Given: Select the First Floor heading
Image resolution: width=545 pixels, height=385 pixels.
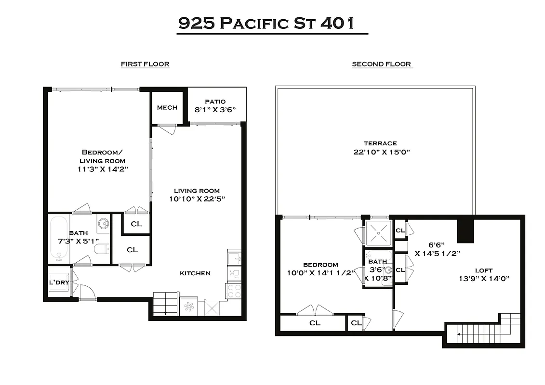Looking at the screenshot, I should coord(145,64).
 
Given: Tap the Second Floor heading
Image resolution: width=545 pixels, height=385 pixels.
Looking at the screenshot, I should coord(381,64).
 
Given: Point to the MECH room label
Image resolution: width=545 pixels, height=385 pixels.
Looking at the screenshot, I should coord(167,108).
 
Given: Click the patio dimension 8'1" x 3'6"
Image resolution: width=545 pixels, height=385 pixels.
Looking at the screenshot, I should coord(215,110).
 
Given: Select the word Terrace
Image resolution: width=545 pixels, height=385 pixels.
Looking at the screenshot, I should coord(380,143).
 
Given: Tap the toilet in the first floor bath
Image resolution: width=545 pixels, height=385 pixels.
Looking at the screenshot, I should coord(101,249).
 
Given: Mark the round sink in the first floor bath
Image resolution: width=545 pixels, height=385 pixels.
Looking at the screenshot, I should coord(103,223).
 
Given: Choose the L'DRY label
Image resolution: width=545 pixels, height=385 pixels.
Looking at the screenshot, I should coord(59,282).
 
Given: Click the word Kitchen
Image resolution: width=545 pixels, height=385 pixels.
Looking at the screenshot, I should coord(195,273).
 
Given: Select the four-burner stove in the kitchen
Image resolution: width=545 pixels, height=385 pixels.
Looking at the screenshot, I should coord(233,291).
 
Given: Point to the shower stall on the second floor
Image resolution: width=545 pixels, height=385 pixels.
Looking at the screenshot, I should coord(378,232).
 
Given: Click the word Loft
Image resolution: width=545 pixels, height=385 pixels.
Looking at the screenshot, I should coord(483,270).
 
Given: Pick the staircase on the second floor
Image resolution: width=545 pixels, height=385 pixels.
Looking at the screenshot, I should coord(487,330).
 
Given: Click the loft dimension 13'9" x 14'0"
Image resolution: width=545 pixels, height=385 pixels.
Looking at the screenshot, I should coord(484,279).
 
